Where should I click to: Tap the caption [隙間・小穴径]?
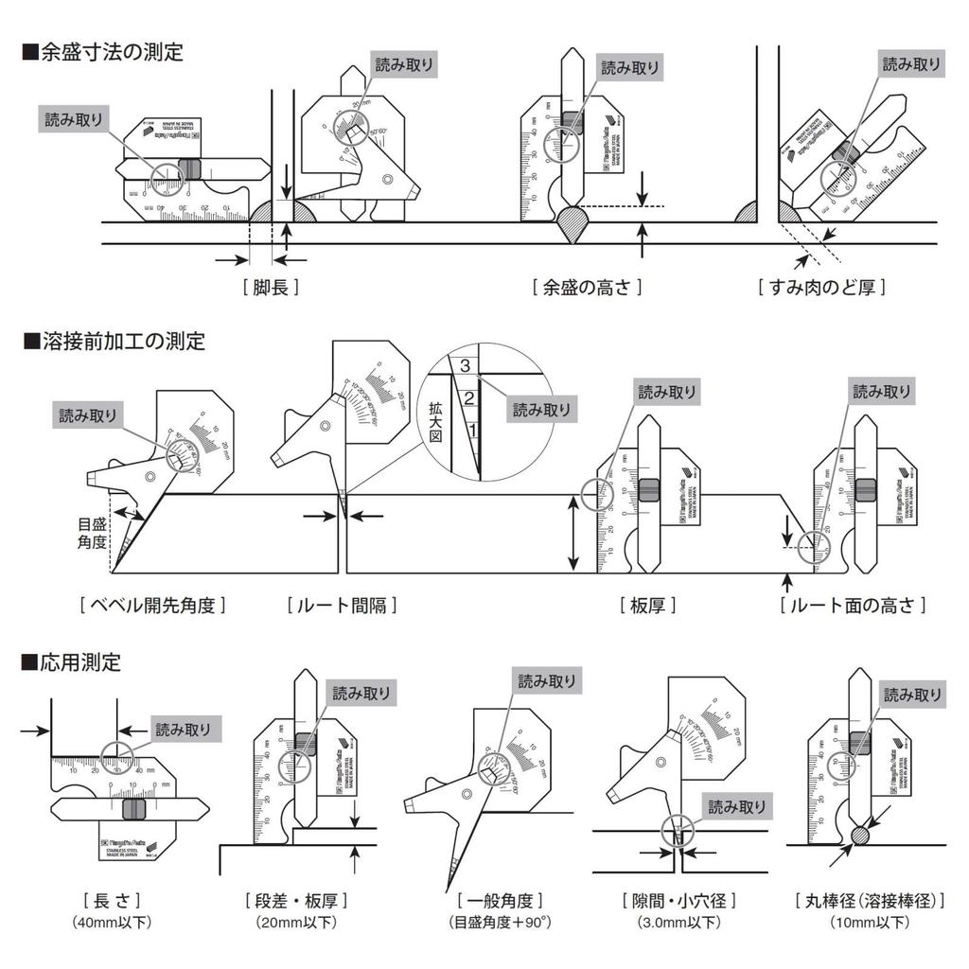[678, 900]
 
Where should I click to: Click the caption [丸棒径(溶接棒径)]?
[870, 900]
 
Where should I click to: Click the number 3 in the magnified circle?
[465, 365]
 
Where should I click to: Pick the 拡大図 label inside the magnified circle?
[435, 414]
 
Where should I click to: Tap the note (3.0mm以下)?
[678, 922]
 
